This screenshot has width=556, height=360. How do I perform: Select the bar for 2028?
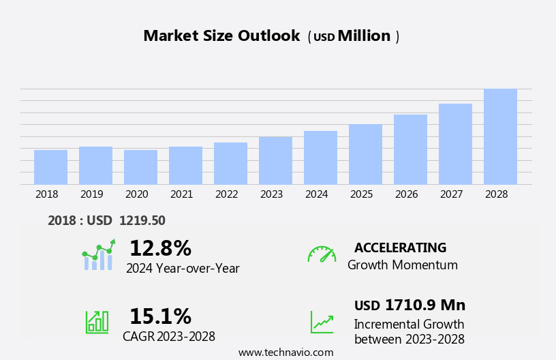(x=500, y=136)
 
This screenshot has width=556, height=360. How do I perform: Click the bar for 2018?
(x=50, y=167)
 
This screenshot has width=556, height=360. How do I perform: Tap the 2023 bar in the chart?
(x=275, y=160)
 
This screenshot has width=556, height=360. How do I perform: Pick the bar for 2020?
(x=140, y=167)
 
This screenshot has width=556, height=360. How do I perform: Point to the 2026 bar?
(x=410, y=149)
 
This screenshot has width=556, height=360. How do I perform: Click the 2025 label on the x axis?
(x=362, y=194)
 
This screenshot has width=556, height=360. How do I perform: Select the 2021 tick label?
(x=182, y=194)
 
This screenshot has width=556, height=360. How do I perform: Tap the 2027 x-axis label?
(x=452, y=194)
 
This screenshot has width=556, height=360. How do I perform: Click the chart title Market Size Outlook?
(x=221, y=36)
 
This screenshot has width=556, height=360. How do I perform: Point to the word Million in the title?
(x=364, y=36)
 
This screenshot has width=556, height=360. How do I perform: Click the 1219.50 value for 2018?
(x=142, y=220)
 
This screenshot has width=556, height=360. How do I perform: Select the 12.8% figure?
(x=160, y=248)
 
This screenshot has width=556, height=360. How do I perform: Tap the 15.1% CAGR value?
(x=160, y=316)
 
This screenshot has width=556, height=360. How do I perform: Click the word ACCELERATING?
(x=400, y=248)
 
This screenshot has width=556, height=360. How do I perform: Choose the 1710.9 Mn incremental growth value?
(x=424, y=305)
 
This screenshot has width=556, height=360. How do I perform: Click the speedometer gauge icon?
(x=322, y=254)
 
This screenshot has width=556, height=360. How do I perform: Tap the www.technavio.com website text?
(x=286, y=352)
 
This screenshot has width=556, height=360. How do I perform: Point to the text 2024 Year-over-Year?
(x=183, y=269)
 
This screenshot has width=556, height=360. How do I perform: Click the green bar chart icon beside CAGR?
(x=97, y=322)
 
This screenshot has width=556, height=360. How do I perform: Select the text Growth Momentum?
(x=402, y=265)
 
